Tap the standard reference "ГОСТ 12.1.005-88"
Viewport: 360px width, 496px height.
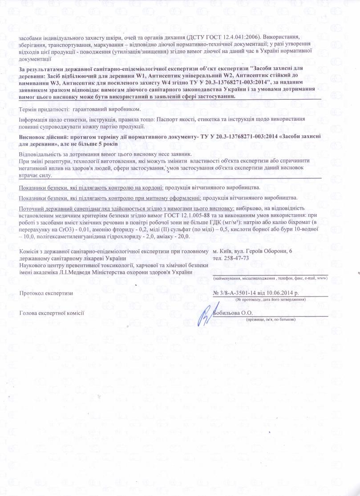coord(188,215)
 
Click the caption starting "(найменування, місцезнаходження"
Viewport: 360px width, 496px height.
coord(271,278)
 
